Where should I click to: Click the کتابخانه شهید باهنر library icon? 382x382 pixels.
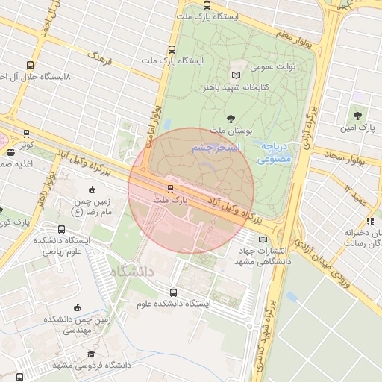click(x=237, y=75)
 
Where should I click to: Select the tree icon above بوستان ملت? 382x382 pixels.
click(x=231, y=118)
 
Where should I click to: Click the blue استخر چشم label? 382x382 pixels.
click(x=215, y=148)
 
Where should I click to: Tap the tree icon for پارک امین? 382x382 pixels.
click(x=358, y=116)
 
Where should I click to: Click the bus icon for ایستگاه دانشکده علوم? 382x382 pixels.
click(x=174, y=292)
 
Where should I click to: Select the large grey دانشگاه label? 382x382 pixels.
click(x=130, y=272)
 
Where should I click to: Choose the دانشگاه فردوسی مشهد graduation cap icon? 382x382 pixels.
click(x=91, y=354)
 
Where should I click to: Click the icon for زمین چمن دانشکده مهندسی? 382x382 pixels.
click(x=77, y=307)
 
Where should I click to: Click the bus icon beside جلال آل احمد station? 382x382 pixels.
click(x=29, y=65)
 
